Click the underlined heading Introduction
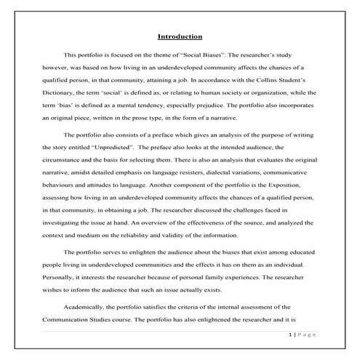point(180,36)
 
